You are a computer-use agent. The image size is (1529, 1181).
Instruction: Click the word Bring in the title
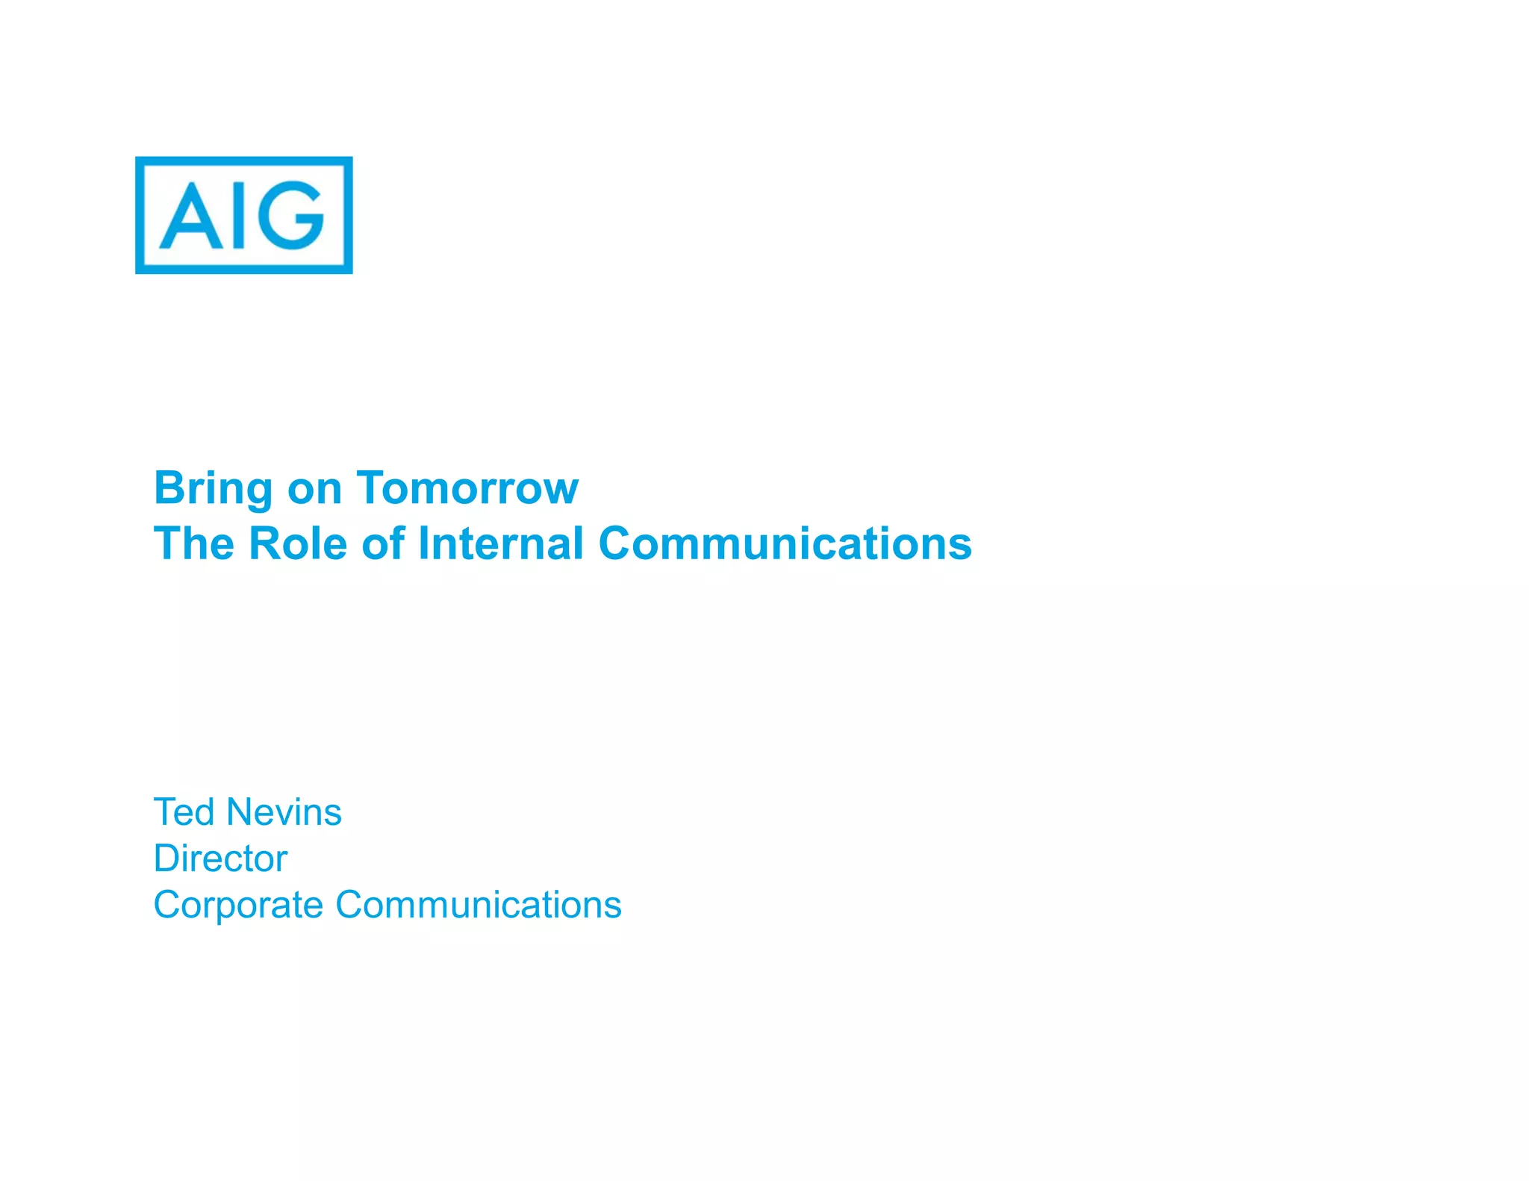213,489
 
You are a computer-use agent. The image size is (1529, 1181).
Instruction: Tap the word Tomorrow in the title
467,488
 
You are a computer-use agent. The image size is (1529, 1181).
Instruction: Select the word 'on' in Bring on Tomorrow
314,490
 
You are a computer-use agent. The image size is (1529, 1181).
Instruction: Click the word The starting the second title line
193,543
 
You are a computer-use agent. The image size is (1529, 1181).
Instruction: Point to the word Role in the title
297,543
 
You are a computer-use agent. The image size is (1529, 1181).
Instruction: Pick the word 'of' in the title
383,543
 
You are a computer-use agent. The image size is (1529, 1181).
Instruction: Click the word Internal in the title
501,543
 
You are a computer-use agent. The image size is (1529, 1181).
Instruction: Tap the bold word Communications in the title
785,543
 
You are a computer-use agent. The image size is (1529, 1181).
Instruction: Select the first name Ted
184,811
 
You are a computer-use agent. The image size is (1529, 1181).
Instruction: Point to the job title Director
220,858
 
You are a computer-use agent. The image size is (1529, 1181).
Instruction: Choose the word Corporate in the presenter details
238,906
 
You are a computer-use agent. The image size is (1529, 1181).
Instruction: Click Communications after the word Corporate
478,905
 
